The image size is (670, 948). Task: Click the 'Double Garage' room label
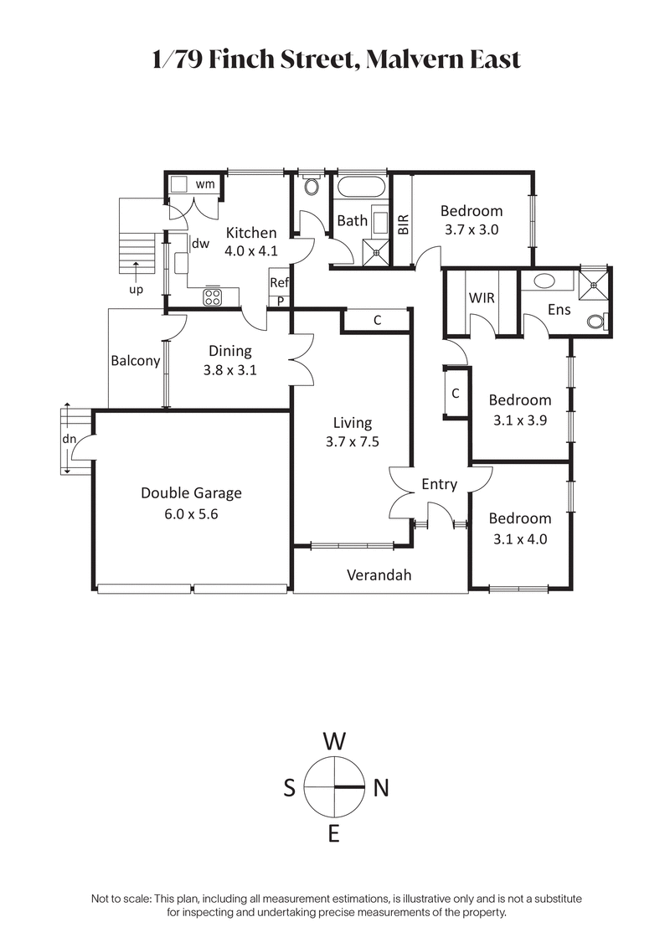191,493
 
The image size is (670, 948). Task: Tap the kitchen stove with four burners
213,297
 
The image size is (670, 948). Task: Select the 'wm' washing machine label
205,183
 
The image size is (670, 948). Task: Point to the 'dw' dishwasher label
200,244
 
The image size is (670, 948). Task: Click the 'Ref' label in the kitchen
279,284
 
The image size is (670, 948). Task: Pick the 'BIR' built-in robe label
404,224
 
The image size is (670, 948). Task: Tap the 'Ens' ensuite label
559,309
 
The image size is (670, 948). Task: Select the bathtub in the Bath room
362,186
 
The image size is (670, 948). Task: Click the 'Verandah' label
379,575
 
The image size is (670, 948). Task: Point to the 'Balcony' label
135,361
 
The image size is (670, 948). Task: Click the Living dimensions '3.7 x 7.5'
352,442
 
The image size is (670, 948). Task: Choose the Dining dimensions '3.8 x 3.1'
229,370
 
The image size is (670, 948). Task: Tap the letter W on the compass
334,741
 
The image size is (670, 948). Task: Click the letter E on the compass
334,833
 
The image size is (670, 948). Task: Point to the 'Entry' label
439,484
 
